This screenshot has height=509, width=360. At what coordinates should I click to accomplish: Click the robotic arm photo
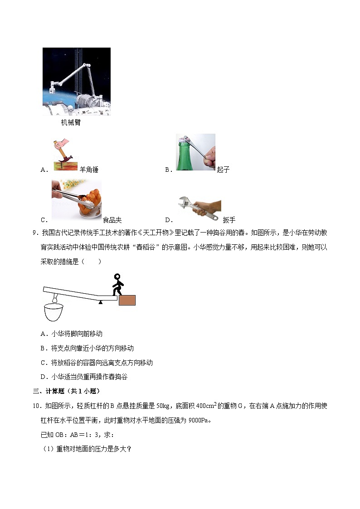pyautogui.click(x=76, y=82)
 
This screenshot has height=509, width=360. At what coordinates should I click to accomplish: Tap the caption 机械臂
pyautogui.click(x=71, y=122)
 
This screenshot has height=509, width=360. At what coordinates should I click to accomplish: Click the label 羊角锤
pyautogui.click(x=89, y=170)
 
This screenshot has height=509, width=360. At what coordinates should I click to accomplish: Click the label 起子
pyautogui.click(x=223, y=170)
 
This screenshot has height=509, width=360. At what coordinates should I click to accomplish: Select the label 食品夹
pyautogui.click(x=112, y=220)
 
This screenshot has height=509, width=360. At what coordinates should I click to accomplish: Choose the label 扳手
pyautogui.click(x=229, y=220)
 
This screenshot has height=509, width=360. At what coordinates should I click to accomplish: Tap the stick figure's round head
pyautogui.click(x=117, y=277)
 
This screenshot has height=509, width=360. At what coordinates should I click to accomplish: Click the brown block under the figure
pyautogui.click(x=127, y=300)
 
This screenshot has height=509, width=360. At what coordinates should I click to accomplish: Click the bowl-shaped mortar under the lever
pyautogui.click(x=53, y=312)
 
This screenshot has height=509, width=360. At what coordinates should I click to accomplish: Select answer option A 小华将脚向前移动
pyautogui.click(x=77, y=334)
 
